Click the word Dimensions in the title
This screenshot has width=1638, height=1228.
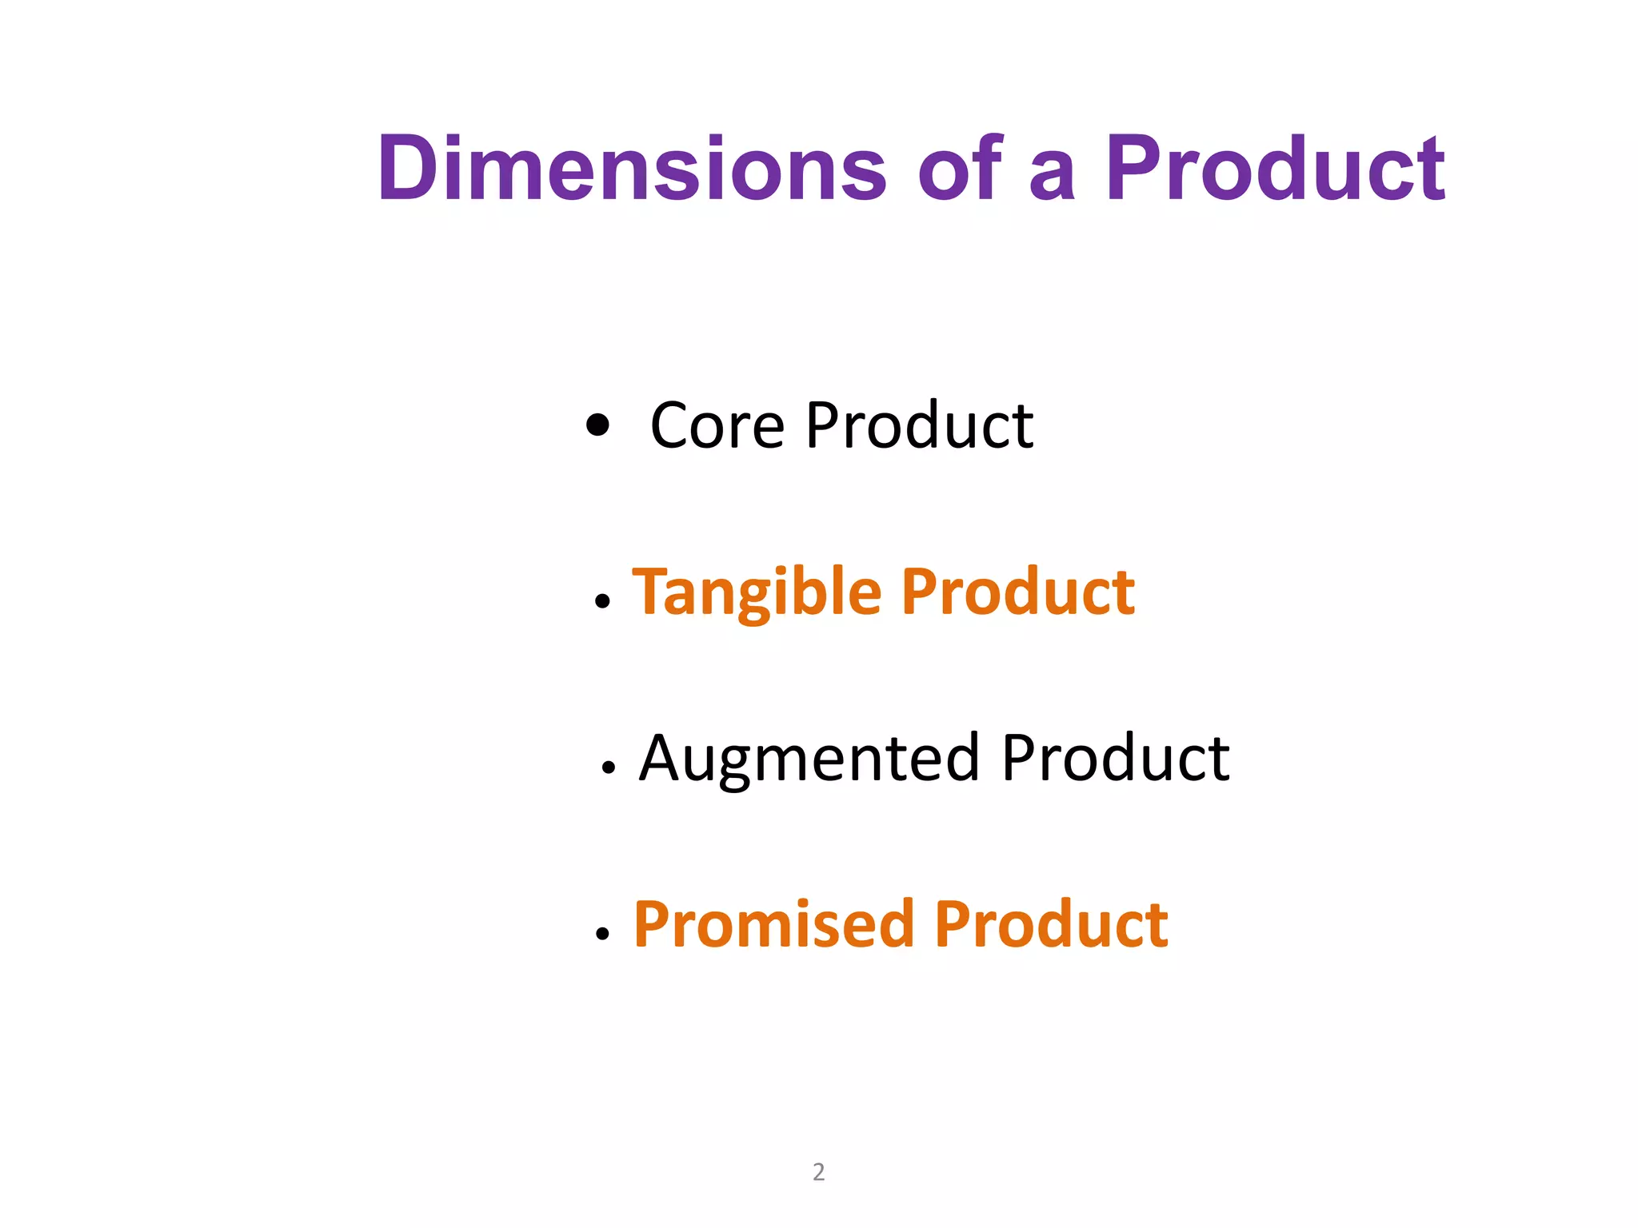632,169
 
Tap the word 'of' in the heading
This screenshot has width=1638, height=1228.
960,169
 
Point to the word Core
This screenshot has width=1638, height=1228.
717,426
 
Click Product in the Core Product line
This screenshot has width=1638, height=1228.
919,426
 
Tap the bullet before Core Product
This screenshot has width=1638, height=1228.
597,425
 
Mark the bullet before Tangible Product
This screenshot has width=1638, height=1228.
603,601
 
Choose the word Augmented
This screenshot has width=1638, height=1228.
809,760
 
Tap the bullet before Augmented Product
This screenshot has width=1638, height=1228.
609,767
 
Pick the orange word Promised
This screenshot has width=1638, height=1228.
773,925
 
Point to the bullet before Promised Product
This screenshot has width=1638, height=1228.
603,933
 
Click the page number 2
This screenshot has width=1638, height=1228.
818,1171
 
